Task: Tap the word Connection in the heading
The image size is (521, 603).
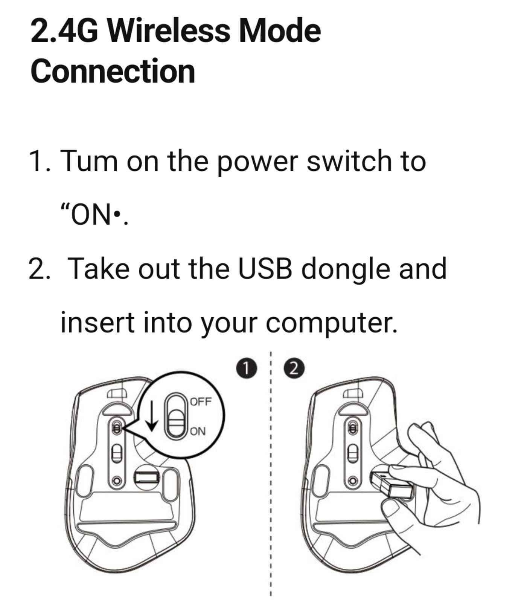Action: tap(113, 71)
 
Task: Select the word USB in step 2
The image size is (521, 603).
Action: tap(265, 269)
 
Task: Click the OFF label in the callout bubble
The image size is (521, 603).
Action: tap(201, 401)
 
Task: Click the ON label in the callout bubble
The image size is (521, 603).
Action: tap(198, 431)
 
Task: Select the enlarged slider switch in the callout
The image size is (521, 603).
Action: tap(177, 416)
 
